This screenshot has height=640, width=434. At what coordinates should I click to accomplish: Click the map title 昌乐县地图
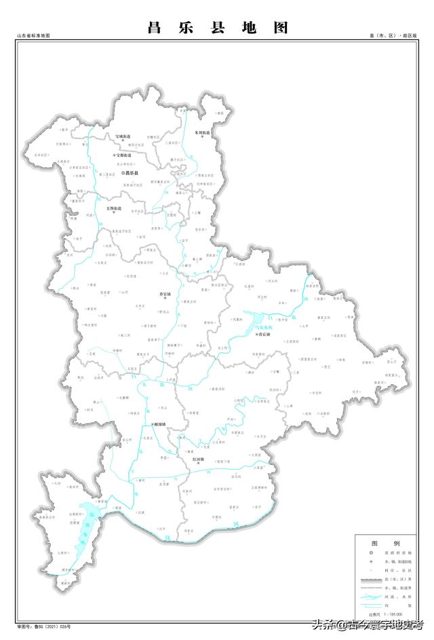tap(217, 28)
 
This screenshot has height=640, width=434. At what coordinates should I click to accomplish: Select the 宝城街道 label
tap(123, 136)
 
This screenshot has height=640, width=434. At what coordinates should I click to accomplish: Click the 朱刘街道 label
tap(202, 132)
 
